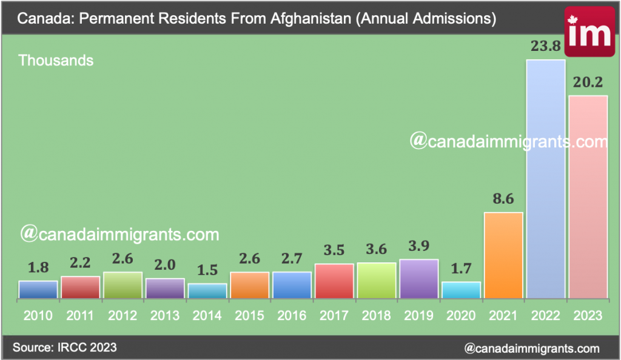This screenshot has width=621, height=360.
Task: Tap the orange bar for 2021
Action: [x=503, y=255]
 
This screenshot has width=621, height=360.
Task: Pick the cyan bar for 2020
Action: [x=461, y=290]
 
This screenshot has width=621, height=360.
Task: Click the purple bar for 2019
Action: [x=418, y=279]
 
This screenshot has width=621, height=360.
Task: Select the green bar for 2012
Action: [x=123, y=285]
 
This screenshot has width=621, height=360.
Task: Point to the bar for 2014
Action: [x=207, y=291]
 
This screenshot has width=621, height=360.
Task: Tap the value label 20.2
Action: [x=588, y=83]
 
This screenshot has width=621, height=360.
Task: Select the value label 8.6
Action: [x=503, y=199]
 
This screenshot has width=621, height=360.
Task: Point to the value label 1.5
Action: [x=207, y=271]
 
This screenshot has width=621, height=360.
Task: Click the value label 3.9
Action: [x=418, y=246]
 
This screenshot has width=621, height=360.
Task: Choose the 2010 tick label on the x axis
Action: [x=38, y=316]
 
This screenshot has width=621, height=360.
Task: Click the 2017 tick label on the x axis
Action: [x=334, y=316]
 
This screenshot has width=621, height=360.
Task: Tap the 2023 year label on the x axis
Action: [x=588, y=316]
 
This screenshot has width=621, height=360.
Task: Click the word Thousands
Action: [x=56, y=61]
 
